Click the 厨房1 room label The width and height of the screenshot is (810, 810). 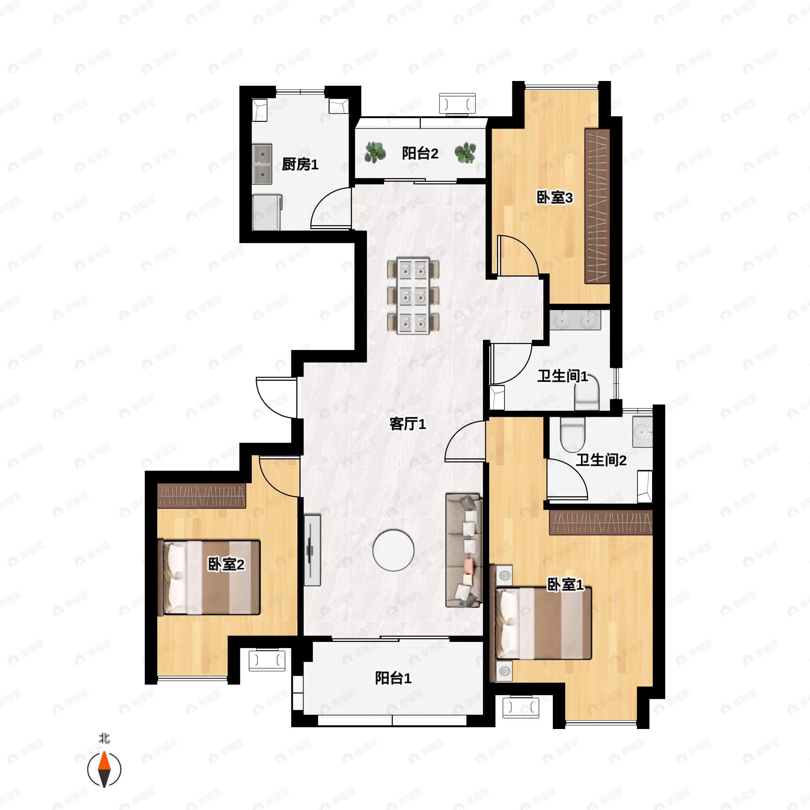(x=300, y=164)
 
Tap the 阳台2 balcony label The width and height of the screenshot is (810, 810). (x=420, y=154)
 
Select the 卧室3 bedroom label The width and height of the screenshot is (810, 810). (x=555, y=197)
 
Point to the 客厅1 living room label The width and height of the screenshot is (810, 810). (x=407, y=424)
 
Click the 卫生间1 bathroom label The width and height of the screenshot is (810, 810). (x=563, y=376)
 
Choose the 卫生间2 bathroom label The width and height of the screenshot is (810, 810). (x=601, y=460)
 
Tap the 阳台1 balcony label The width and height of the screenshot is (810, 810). (x=393, y=678)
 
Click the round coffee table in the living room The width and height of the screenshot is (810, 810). (x=393, y=550)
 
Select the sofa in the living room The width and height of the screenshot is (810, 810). (x=464, y=550)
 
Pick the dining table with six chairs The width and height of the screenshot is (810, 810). (x=413, y=296)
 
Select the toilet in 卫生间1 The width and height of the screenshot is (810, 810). (x=587, y=396)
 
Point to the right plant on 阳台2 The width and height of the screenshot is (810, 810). (x=465, y=153)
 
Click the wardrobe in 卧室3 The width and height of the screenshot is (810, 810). (x=597, y=206)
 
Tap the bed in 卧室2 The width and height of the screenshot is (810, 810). (x=209, y=578)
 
